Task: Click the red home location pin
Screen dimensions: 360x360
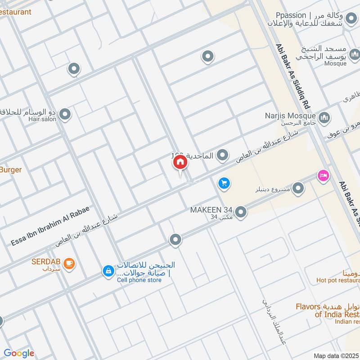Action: click(x=180, y=162)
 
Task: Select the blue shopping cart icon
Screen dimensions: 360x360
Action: click(x=224, y=183)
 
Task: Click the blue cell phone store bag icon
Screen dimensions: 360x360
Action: click(x=108, y=271)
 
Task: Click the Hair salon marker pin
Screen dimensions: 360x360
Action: click(x=65, y=115)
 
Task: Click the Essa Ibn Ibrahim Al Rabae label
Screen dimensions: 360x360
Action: click(x=50, y=227)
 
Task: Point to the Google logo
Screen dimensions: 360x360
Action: click(x=19, y=353)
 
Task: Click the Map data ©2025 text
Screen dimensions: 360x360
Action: click(x=336, y=356)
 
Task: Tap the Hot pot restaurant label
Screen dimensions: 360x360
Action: click(x=338, y=280)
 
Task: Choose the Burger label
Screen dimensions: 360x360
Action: click(x=11, y=170)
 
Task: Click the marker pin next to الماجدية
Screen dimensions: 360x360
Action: click(x=222, y=156)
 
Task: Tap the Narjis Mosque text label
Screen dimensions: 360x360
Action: click(x=290, y=116)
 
